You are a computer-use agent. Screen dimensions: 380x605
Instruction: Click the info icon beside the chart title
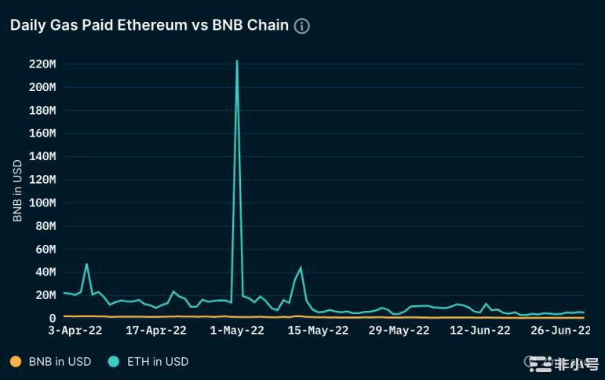tap(301, 26)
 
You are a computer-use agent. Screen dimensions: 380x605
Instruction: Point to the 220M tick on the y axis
tap(42, 64)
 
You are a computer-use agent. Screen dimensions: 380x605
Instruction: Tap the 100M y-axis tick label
tap(42, 203)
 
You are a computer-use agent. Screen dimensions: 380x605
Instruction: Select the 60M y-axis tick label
tap(45, 249)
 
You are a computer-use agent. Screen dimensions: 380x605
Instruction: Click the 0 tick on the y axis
tap(53, 318)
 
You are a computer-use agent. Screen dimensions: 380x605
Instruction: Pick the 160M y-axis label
tap(42, 133)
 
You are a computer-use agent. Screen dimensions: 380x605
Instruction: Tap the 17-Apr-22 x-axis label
tap(156, 331)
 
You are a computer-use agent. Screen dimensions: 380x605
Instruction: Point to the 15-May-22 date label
tap(318, 331)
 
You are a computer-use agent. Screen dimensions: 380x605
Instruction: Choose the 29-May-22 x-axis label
tap(399, 331)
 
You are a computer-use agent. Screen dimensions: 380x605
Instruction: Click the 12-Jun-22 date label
tap(480, 331)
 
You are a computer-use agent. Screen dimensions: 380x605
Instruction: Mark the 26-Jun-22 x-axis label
tap(560, 331)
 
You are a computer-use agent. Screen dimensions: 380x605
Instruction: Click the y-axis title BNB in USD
tap(17, 192)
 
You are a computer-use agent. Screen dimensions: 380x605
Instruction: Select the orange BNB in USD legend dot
tap(16, 362)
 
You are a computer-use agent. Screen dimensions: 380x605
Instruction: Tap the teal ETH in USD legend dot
tap(115, 362)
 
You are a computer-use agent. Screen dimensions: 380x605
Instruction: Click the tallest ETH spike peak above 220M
tap(237, 60)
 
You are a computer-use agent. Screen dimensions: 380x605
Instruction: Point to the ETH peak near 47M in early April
tap(86, 264)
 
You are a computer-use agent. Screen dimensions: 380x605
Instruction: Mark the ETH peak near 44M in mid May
tap(301, 268)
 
